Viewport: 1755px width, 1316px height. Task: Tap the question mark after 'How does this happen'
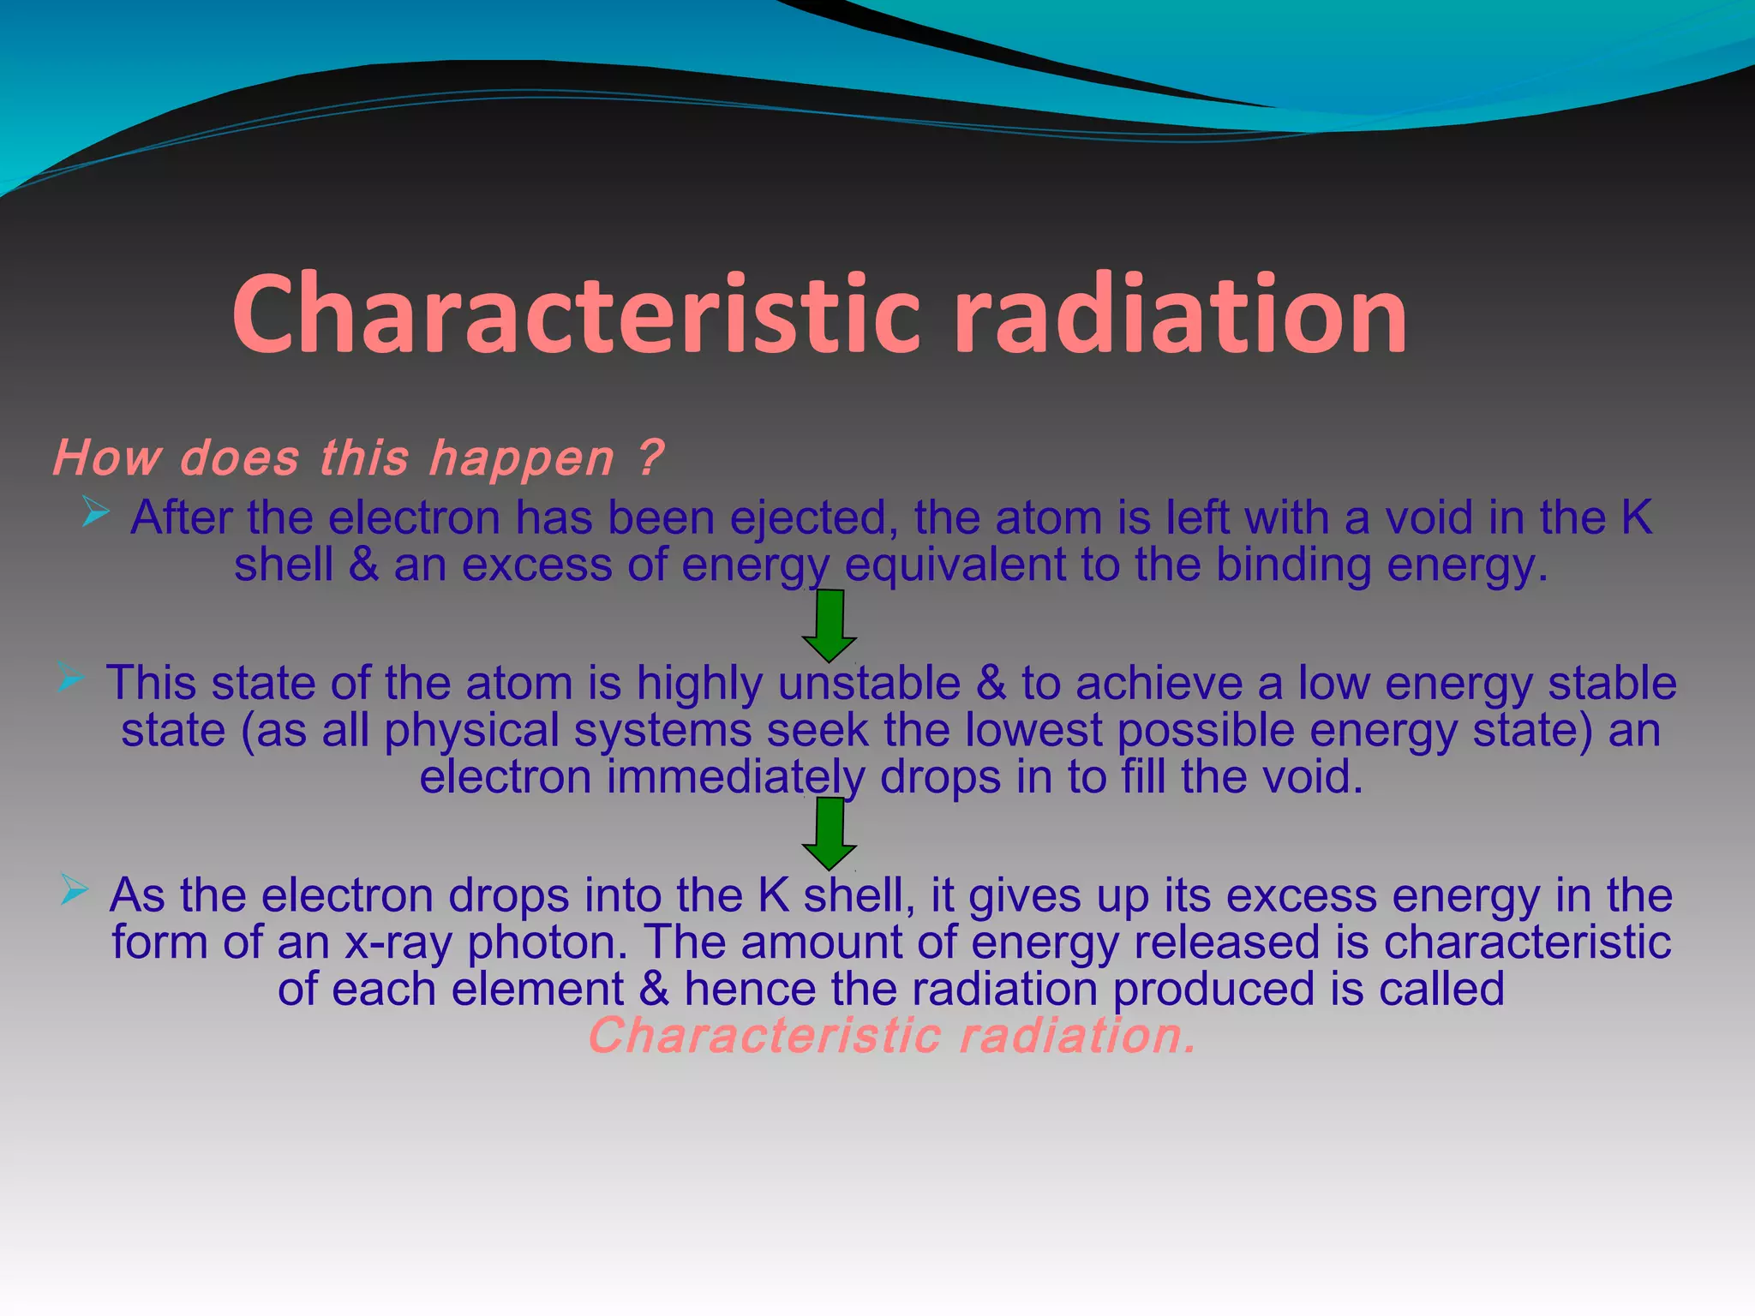tap(651, 457)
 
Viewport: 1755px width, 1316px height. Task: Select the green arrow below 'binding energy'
tap(829, 625)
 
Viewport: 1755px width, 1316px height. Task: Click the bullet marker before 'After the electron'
tap(96, 514)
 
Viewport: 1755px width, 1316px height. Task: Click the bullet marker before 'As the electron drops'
tap(75, 891)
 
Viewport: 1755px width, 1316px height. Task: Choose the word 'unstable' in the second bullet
tap(869, 684)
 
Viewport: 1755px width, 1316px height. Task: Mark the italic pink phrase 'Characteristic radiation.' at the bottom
tap(891, 1036)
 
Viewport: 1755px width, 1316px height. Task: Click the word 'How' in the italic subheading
tap(106, 457)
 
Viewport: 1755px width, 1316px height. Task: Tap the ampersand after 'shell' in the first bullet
tap(363, 565)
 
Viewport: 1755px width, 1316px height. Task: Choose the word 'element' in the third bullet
tap(537, 990)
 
